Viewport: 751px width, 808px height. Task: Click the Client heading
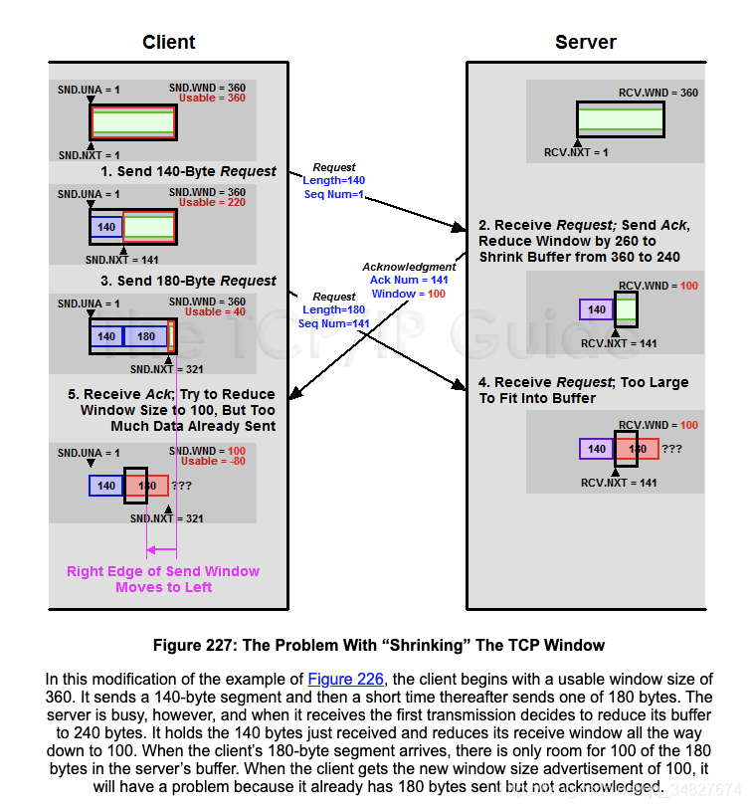pos(168,42)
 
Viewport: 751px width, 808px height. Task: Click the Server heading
pos(585,42)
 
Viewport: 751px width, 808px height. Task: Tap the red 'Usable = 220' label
pos(212,203)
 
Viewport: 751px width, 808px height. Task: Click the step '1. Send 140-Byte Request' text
pos(188,171)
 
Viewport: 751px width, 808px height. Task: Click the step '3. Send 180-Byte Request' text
pos(188,281)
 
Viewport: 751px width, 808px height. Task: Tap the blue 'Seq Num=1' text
pos(333,194)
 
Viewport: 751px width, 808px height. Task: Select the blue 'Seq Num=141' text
pos(334,323)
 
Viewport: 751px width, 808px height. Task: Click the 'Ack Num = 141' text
pos(409,281)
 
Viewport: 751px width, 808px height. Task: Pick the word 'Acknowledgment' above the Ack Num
pos(409,267)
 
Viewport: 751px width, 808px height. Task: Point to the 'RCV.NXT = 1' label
pos(575,152)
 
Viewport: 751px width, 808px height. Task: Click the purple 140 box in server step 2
pos(596,309)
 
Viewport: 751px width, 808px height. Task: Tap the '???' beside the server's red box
pos(671,449)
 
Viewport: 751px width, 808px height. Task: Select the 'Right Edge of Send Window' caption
pos(163,571)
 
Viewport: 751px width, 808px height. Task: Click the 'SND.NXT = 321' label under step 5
pos(166,518)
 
